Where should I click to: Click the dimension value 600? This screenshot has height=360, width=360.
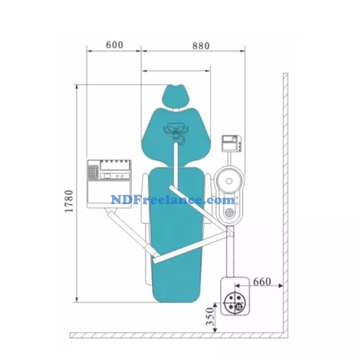(114, 45)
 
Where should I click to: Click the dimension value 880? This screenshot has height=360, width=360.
(201, 46)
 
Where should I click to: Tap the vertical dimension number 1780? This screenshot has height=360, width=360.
(69, 201)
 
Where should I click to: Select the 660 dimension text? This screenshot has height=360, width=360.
(262, 282)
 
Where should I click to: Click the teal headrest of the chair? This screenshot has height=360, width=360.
(174, 96)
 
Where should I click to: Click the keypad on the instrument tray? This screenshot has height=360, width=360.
(94, 169)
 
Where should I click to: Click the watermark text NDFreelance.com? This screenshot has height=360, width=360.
(173, 200)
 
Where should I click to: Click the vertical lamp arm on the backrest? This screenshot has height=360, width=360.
(177, 154)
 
